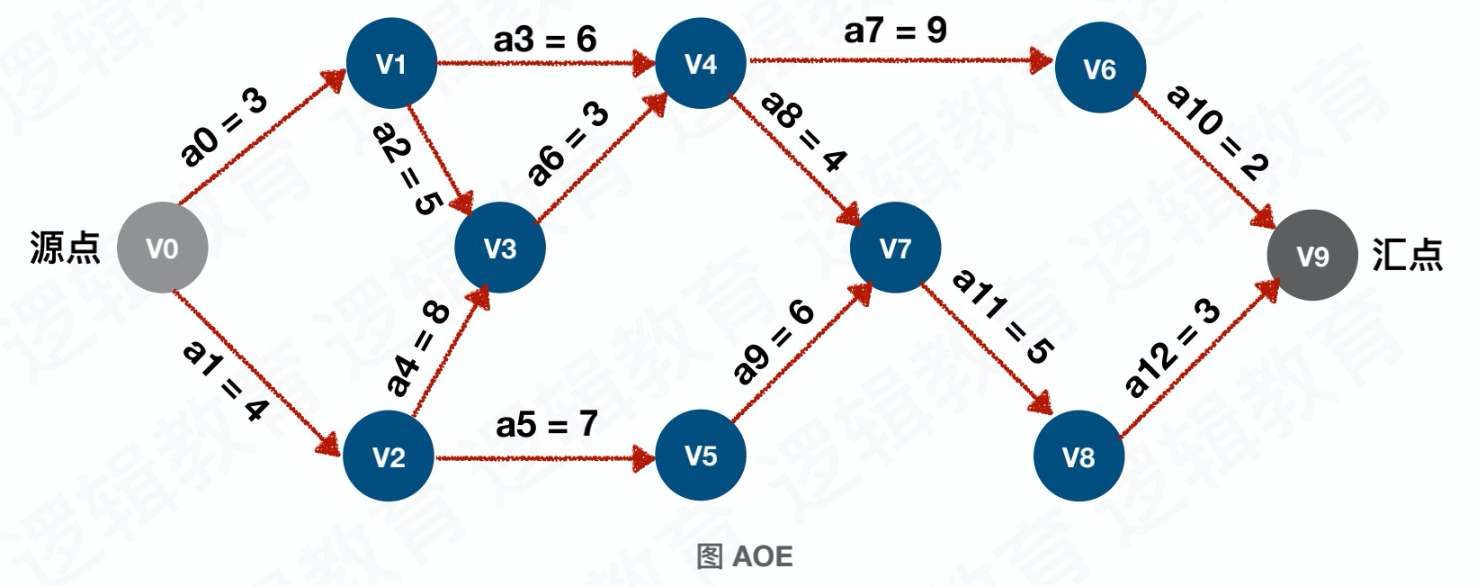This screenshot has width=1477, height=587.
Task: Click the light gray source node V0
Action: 163,248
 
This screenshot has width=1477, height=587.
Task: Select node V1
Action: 391,64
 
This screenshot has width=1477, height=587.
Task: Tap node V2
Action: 389,457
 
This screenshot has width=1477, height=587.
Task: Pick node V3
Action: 500,248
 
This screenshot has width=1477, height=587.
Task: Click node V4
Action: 701,64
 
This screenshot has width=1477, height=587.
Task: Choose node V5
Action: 701,456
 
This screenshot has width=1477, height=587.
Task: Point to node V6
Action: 1099,69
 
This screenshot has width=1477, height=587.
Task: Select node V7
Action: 895,248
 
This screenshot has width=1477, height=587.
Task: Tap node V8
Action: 1079,457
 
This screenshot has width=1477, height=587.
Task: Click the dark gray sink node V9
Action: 1312,257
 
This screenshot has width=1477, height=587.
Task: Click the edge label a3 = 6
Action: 545,40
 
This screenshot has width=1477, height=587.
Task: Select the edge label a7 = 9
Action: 895,31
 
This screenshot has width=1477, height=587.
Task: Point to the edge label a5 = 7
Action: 546,424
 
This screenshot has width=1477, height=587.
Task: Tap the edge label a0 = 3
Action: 224,128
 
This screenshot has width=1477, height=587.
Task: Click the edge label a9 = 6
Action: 774,342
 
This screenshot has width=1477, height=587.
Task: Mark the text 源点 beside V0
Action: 64,248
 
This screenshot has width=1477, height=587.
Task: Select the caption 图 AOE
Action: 745,556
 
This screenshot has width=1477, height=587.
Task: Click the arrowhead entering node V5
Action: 646,457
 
